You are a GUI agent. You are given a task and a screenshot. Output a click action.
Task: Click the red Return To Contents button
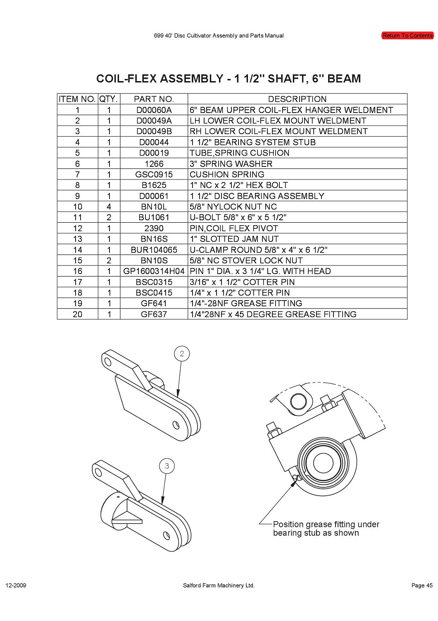point(407,36)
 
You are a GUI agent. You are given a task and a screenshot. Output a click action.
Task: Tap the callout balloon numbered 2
point(182,354)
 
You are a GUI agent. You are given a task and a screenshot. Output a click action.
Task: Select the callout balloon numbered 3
point(167,466)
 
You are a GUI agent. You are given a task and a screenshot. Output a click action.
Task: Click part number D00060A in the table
point(154,110)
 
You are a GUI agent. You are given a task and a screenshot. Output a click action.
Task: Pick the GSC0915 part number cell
point(154,174)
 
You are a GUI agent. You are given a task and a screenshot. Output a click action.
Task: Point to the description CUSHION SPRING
point(227,174)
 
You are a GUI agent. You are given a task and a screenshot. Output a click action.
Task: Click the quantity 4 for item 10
point(109,207)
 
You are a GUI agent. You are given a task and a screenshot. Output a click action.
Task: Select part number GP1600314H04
point(154,271)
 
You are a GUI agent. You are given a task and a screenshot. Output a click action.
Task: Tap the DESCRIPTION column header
point(297,99)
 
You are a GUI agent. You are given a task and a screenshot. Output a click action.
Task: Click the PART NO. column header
point(154,99)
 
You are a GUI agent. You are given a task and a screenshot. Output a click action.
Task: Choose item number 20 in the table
point(77,314)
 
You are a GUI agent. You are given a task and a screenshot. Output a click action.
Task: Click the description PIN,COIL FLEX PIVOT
point(234,228)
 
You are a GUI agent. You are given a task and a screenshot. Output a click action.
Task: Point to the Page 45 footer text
point(421,585)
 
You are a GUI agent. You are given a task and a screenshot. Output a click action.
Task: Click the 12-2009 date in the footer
point(16,585)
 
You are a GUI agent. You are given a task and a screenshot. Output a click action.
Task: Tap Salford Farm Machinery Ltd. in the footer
point(219,585)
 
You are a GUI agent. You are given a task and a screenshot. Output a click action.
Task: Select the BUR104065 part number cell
point(154,250)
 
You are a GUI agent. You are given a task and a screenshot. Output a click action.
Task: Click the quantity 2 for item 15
point(109,260)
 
